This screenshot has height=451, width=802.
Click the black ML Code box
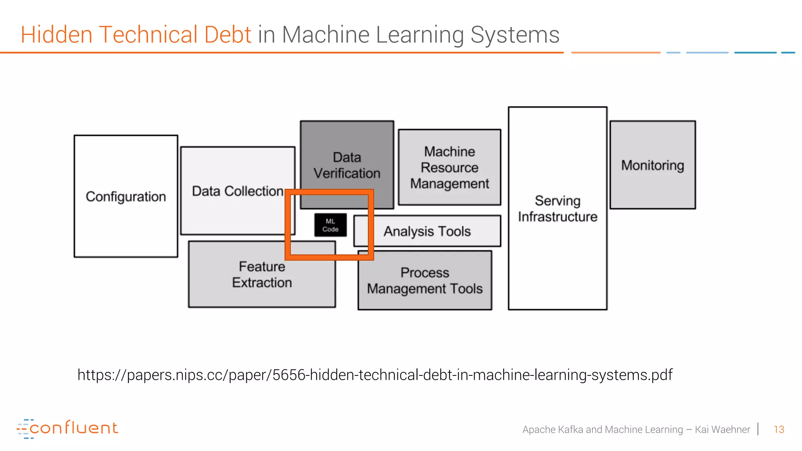(330, 225)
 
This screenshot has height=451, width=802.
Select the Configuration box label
(126, 197)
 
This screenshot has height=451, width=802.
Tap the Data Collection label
(237, 191)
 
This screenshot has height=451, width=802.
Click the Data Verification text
(347, 165)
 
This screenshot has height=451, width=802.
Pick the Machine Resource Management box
(449, 168)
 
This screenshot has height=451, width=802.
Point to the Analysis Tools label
(427, 231)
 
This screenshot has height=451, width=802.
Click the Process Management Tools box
(424, 281)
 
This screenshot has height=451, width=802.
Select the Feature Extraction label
(262, 274)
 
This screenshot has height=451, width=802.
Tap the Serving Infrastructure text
(557, 209)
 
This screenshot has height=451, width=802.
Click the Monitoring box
(652, 165)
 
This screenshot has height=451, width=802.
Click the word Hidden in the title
(56, 34)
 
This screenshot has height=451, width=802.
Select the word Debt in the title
(227, 34)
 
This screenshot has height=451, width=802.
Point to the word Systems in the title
(515, 34)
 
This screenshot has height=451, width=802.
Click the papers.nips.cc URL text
(375, 375)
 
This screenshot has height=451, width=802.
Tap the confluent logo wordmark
(73, 428)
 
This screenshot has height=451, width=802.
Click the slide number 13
(779, 429)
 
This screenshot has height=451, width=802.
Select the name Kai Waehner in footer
(722, 429)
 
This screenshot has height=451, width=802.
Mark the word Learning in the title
(419, 34)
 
